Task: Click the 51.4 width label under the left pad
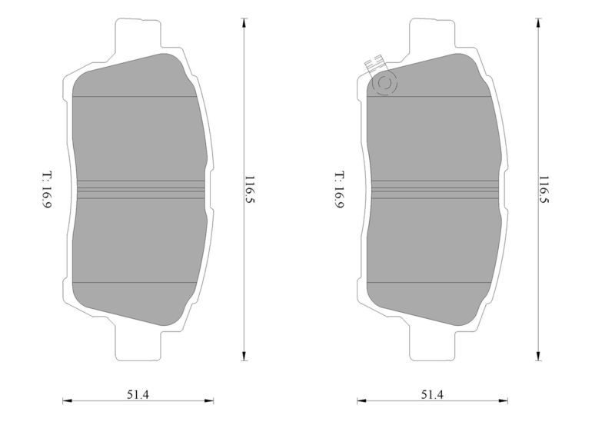pos(138,394)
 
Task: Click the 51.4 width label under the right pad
pos(432,394)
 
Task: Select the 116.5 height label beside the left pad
pos(249,190)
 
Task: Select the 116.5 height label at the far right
pos(544,190)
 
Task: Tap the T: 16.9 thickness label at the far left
pos(47,190)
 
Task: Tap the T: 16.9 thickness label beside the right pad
pos(340,190)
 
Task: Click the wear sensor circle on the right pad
pos(384,84)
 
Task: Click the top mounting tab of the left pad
pos(138,36)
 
